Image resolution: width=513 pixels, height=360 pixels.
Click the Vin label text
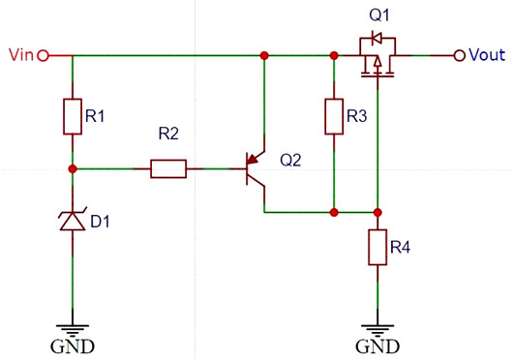pyautogui.click(x=20, y=55)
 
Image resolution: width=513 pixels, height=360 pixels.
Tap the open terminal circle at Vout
pyautogui.click(x=460, y=55)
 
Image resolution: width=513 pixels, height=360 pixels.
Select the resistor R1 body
pyautogui.click(x=73, y=115)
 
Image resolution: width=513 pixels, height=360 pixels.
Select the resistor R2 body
pyautogui.click(x=168, y=169)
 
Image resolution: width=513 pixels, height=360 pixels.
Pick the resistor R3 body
pyautogui.click(x=333, y=115)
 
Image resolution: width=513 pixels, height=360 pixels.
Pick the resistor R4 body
pyautogui.click(x=377, y=248)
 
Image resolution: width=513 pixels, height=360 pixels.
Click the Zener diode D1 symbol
pyautogui.click(x=73, y=220)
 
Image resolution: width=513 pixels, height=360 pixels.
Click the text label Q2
pyautogui.click(x=291, y=160)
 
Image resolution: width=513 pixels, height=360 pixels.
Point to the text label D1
pyautogui.click(x=101, y=223)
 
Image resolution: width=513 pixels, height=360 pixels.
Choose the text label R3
pyautogui.click(x=357, y=117)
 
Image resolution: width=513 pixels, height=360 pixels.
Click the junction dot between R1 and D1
pyautogui.click(x=73, y=168)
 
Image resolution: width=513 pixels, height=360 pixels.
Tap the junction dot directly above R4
pyautogui.click(x=377, y=211)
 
